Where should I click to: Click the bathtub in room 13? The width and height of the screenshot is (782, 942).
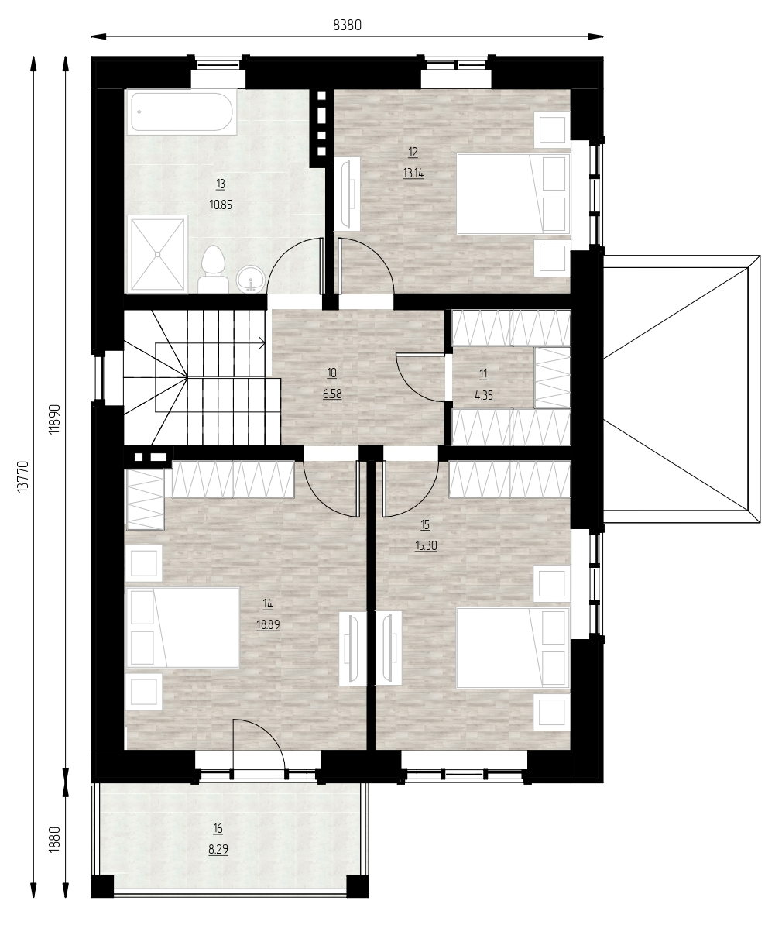point(182,112)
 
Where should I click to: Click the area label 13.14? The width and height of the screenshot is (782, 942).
point(413,173)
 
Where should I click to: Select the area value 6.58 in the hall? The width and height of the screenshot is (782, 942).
point(332,394)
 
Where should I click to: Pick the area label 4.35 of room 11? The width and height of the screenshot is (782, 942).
point(484,394)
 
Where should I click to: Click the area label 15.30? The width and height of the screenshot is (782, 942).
point(426,545)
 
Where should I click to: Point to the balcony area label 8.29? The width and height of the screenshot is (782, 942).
point(218,849)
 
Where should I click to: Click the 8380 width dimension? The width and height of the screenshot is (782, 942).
point(348,25)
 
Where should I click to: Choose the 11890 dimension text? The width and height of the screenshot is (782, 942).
point(54,418)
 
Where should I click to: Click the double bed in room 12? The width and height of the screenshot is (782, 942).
point(513,194)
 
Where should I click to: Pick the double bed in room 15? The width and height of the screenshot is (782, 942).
point(513,648)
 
